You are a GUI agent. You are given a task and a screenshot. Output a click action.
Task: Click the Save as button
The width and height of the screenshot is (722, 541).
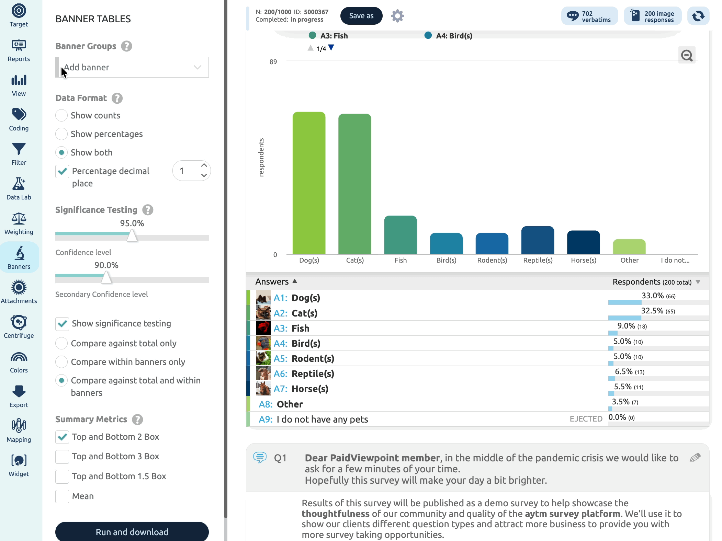click(x=361, y=16)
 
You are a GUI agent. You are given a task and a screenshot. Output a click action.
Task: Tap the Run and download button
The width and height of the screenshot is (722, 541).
click(x=132, y=531)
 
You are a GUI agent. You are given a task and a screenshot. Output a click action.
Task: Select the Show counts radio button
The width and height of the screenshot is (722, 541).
click(x=61, y=115)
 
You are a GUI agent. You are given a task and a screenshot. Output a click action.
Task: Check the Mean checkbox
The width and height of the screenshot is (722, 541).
click(x=62, y=496)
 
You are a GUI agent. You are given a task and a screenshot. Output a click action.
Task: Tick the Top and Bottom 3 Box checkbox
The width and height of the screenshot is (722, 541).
click(x=62, y=456)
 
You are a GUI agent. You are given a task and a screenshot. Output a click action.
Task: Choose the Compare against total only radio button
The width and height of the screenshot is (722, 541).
click(x=61, y=343)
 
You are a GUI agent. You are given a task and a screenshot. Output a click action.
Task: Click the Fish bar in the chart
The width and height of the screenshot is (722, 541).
click(x=401, y=235)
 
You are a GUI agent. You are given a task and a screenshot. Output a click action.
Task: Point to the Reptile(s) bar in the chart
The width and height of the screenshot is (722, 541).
click(x=538, y=240)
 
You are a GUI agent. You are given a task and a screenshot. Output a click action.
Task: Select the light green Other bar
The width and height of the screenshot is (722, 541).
click(x=629, y=246)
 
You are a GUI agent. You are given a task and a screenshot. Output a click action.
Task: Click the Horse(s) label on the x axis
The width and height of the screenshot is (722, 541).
click(x=584, y=260)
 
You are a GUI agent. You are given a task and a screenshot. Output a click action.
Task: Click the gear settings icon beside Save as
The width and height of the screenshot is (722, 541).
click(x=397, y=16)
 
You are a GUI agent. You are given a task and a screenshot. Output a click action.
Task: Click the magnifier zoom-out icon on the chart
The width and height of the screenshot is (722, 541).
click(x=687, y=55)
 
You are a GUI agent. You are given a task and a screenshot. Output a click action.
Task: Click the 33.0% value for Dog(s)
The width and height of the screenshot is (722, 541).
click(x=653, y=296)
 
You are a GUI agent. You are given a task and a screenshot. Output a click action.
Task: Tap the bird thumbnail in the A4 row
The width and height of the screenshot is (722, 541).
click(x=263, y=343)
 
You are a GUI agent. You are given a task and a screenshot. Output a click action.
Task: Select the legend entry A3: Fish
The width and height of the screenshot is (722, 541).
click(x=328, y=36)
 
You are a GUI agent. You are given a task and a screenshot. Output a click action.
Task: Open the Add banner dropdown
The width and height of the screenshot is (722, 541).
click(x=132, y=67)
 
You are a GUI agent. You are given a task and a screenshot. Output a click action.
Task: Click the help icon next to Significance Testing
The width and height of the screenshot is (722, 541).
click(x=148, y=210)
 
